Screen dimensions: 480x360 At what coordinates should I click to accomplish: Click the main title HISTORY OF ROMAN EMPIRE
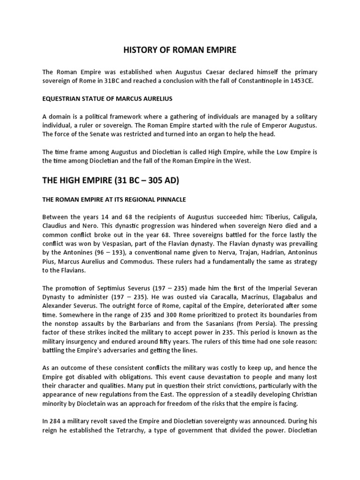(x=180, y=49)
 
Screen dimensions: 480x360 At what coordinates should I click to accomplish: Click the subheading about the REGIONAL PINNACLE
(x=114, y=199)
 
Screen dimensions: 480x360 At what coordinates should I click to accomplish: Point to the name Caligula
(x=301, y=217)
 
